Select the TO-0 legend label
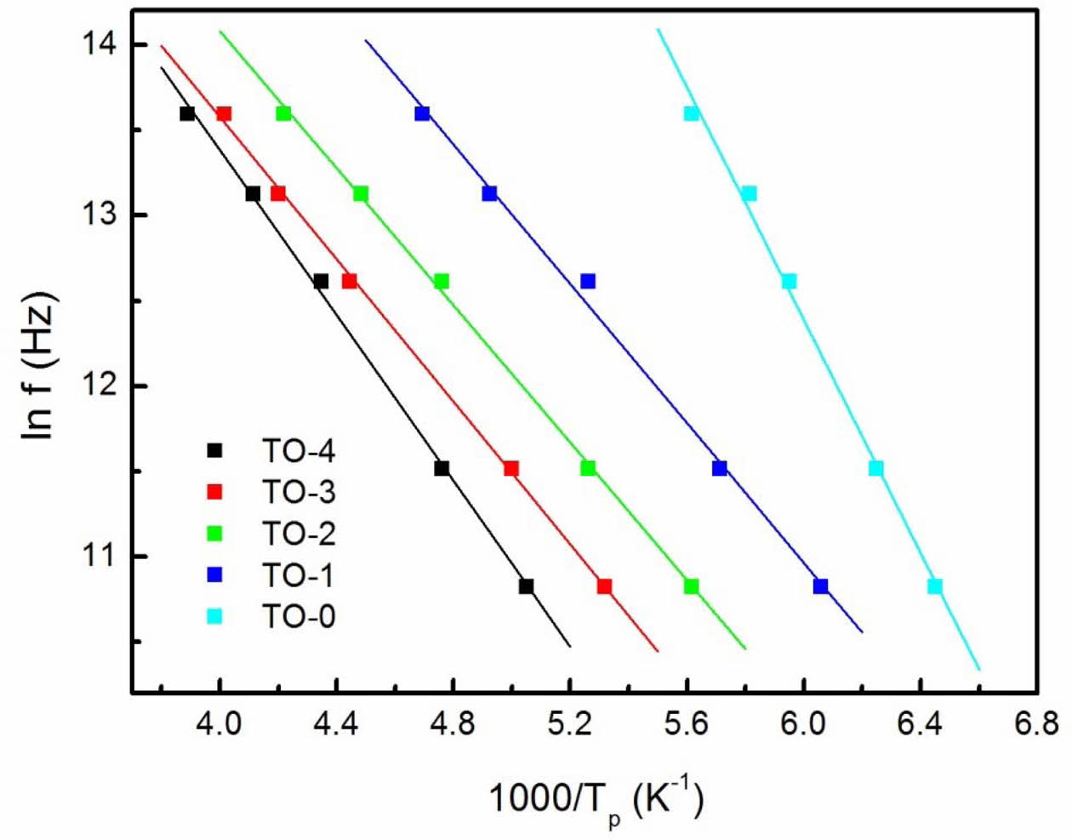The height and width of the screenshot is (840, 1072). click(297, 616)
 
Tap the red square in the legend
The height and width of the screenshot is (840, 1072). click(215, 492)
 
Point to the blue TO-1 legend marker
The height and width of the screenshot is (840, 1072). click(215, 575)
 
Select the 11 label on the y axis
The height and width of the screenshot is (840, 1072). click(106, 556)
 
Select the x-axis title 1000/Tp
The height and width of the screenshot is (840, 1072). click(596, 800)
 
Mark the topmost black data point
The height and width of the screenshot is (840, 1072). click(187, 113)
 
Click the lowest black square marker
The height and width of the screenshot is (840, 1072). click(527, 586)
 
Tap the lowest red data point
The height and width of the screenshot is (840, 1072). click(604, 586)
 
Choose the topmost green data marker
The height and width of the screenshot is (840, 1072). click(283, 113)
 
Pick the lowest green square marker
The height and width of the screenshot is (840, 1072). click(691, 586)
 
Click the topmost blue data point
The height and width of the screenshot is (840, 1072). click(422, 113)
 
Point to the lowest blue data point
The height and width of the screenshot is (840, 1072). click(820, 586)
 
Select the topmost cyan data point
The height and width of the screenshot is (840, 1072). click(691, 113)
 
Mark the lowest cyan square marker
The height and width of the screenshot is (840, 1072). click(935, 586)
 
